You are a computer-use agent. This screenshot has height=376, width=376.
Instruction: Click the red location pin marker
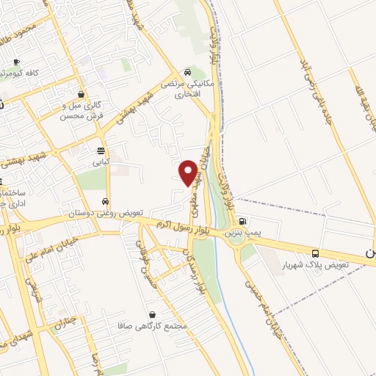point(188,172)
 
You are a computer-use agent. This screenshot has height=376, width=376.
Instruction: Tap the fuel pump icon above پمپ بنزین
point(243,221)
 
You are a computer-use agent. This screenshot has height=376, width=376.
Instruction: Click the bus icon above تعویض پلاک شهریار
point(315,251)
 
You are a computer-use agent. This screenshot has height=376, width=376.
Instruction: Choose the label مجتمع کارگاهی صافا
point(152,325)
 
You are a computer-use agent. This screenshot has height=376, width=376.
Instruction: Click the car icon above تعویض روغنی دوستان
point(106,201)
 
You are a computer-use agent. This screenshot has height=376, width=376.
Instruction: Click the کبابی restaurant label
point(99,159)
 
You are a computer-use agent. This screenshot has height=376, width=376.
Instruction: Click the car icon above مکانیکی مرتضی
point(189,72)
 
